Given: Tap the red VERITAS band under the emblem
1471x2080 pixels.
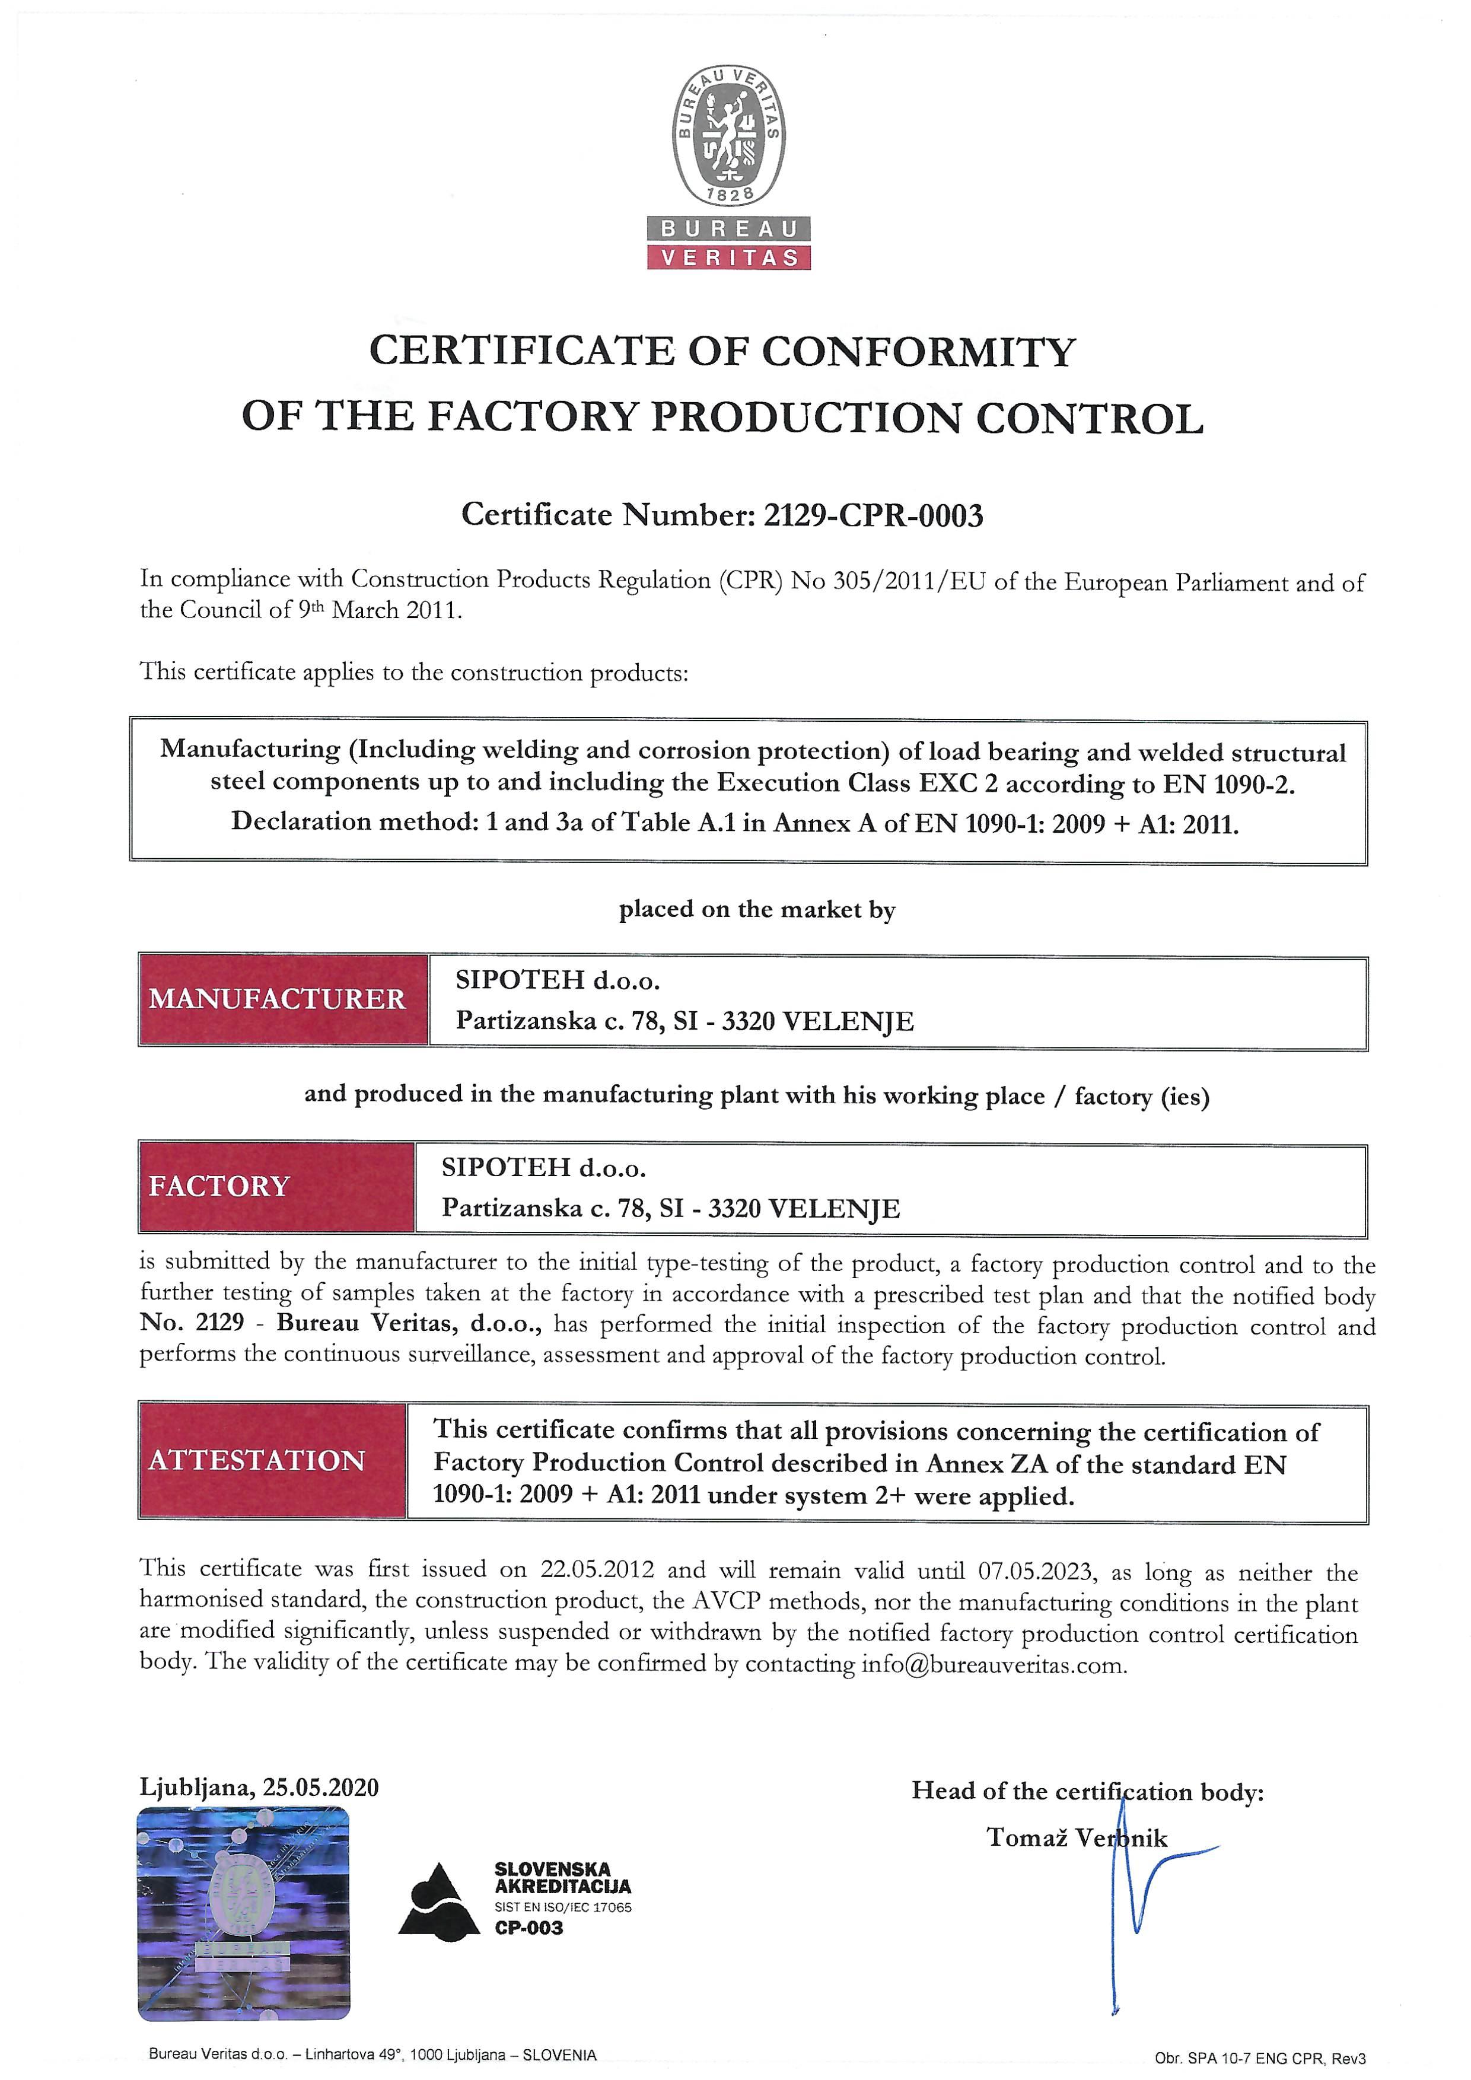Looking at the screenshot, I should click(728, 257).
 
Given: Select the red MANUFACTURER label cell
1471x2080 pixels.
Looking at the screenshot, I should click(282, 999).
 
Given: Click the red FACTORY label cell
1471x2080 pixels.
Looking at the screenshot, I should click(276, 1187).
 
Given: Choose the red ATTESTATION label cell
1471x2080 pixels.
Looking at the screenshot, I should click(272, 1460).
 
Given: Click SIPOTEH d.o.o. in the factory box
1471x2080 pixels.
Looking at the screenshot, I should click(543, 1168).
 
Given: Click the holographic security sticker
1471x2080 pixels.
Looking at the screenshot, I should click(244, 1912).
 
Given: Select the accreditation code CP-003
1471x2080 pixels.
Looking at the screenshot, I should click(529, 1928).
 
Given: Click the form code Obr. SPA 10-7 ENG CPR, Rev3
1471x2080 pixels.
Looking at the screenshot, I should click(1260, 2058).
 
